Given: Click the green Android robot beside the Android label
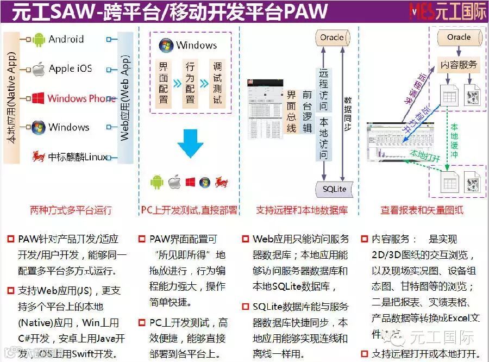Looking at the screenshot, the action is coord(39,39).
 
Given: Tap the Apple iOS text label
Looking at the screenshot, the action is coord(70,68).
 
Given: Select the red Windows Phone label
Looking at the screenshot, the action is coord(81,98).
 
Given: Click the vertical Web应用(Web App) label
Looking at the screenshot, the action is coord(124,98).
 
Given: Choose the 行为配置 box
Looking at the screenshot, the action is coord(190,83).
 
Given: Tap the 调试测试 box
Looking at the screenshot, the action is coord(217,83).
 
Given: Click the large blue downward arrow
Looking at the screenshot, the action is coord(190,143).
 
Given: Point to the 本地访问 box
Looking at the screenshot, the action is coord(323,138).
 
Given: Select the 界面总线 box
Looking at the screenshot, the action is coord(292,112).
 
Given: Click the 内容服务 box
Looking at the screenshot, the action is coord(459,65).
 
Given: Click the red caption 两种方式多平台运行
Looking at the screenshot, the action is coord(71,210).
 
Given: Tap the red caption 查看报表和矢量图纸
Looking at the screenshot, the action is coord(422,210).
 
